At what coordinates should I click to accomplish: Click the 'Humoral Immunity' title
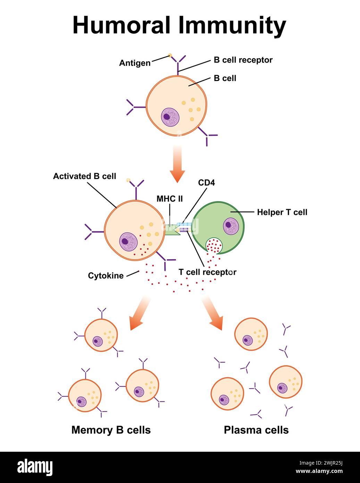(179, 25)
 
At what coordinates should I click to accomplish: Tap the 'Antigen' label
(135, 63)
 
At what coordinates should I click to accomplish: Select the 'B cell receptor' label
(243, 60)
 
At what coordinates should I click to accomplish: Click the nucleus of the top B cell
(170, 117)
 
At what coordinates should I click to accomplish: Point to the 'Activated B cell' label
(84, 176)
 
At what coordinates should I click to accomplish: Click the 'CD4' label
(207, 182)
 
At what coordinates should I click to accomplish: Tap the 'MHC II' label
(169, 199)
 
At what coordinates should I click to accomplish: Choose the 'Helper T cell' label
(282, 212)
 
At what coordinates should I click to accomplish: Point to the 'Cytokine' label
(106, 276)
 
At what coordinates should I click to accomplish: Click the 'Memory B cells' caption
(111, 430)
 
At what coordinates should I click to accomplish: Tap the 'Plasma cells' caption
(256, 430)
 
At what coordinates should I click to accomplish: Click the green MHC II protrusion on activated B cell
(172, 230)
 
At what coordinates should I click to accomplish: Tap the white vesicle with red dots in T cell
(214, 246)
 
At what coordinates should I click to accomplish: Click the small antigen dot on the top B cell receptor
(170, 55)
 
